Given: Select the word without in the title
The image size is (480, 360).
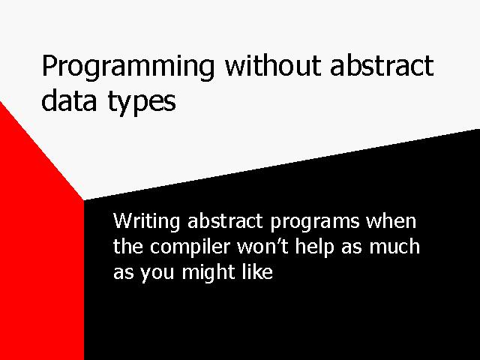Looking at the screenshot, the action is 272,65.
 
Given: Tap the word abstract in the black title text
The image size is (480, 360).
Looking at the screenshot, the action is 382,65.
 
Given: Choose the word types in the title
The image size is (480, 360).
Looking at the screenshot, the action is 142,103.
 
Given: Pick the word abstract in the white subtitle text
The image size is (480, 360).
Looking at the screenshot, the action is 225,220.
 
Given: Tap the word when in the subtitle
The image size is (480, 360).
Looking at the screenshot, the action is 391,220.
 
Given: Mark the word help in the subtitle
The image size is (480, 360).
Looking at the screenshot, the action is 314,247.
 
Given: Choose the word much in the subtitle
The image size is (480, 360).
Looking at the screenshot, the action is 394,247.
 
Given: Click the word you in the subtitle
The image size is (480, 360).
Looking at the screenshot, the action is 157,274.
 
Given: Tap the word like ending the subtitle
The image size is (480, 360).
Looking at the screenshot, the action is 257,271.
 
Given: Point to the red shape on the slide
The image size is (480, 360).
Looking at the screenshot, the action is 37,245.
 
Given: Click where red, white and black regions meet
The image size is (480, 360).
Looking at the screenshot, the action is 83,200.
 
